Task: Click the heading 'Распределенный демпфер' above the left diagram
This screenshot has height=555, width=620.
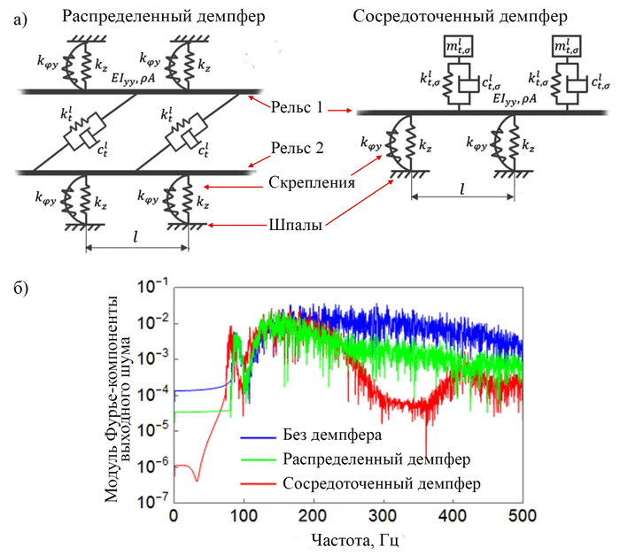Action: coord(163,17)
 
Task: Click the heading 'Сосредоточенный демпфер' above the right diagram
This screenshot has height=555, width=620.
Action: coord(460,17)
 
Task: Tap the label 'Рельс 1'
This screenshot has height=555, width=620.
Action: coord(297,107)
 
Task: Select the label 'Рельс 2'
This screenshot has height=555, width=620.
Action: coord(297,148)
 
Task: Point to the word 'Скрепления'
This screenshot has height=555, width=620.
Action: coord(312,182)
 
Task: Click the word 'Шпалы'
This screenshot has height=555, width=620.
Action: coord(295,225)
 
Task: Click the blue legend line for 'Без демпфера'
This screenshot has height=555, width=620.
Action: coord(258,437)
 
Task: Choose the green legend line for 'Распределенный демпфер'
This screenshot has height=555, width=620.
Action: coord(258,459)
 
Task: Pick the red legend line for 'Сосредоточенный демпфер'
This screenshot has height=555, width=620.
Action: coord(258,484)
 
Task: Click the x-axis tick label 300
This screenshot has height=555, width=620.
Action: coord(384,516)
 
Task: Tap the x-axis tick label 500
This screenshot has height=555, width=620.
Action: coord(523,516)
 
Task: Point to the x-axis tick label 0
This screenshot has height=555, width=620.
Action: coord(174,516)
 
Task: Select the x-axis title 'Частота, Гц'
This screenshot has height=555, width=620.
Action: coord(354,540)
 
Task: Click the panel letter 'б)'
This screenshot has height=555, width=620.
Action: coord(21,289)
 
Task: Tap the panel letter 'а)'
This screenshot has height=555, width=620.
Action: coord(20,19)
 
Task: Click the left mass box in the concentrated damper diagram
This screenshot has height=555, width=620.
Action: coord(458,47)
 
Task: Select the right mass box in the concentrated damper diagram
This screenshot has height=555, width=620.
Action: coord(567,47)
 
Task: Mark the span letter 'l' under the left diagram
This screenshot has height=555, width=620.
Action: coord(136,236)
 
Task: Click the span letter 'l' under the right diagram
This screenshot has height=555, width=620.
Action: coord(461,189)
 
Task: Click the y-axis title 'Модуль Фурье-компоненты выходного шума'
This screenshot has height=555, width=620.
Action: coord(118,399)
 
